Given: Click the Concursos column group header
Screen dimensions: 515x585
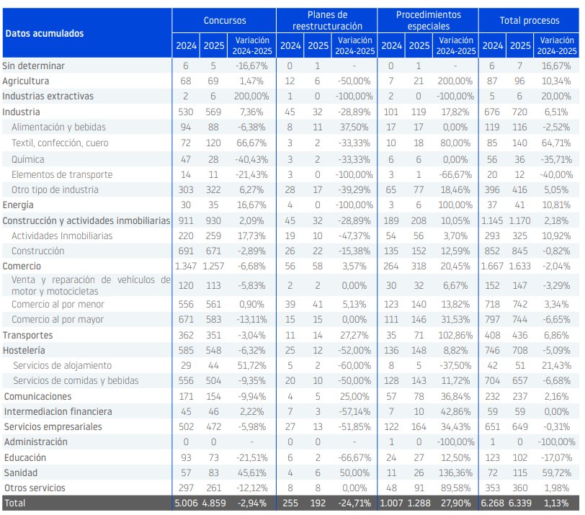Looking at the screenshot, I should pos(224,21).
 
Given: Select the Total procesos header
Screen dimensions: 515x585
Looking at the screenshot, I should pos(530,21).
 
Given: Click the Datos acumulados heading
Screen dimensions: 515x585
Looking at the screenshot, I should pos(44,34).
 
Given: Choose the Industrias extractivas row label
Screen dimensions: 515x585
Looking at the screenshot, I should pos(48,97).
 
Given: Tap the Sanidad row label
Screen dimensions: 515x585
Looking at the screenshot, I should pos(20,473).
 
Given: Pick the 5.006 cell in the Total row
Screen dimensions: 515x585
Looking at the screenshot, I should pos(186,503).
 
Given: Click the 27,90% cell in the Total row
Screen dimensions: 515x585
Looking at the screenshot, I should pos(456,503).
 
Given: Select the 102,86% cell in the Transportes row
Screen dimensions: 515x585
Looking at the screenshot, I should pos(456,335).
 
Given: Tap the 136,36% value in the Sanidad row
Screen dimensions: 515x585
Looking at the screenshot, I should pos(456,473).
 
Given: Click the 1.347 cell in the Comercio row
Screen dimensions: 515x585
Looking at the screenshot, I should pos(186,266).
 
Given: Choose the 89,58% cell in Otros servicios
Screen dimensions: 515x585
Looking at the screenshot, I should pos(456,488).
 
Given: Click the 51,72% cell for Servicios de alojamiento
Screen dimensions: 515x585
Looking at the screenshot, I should pos(251,365).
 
